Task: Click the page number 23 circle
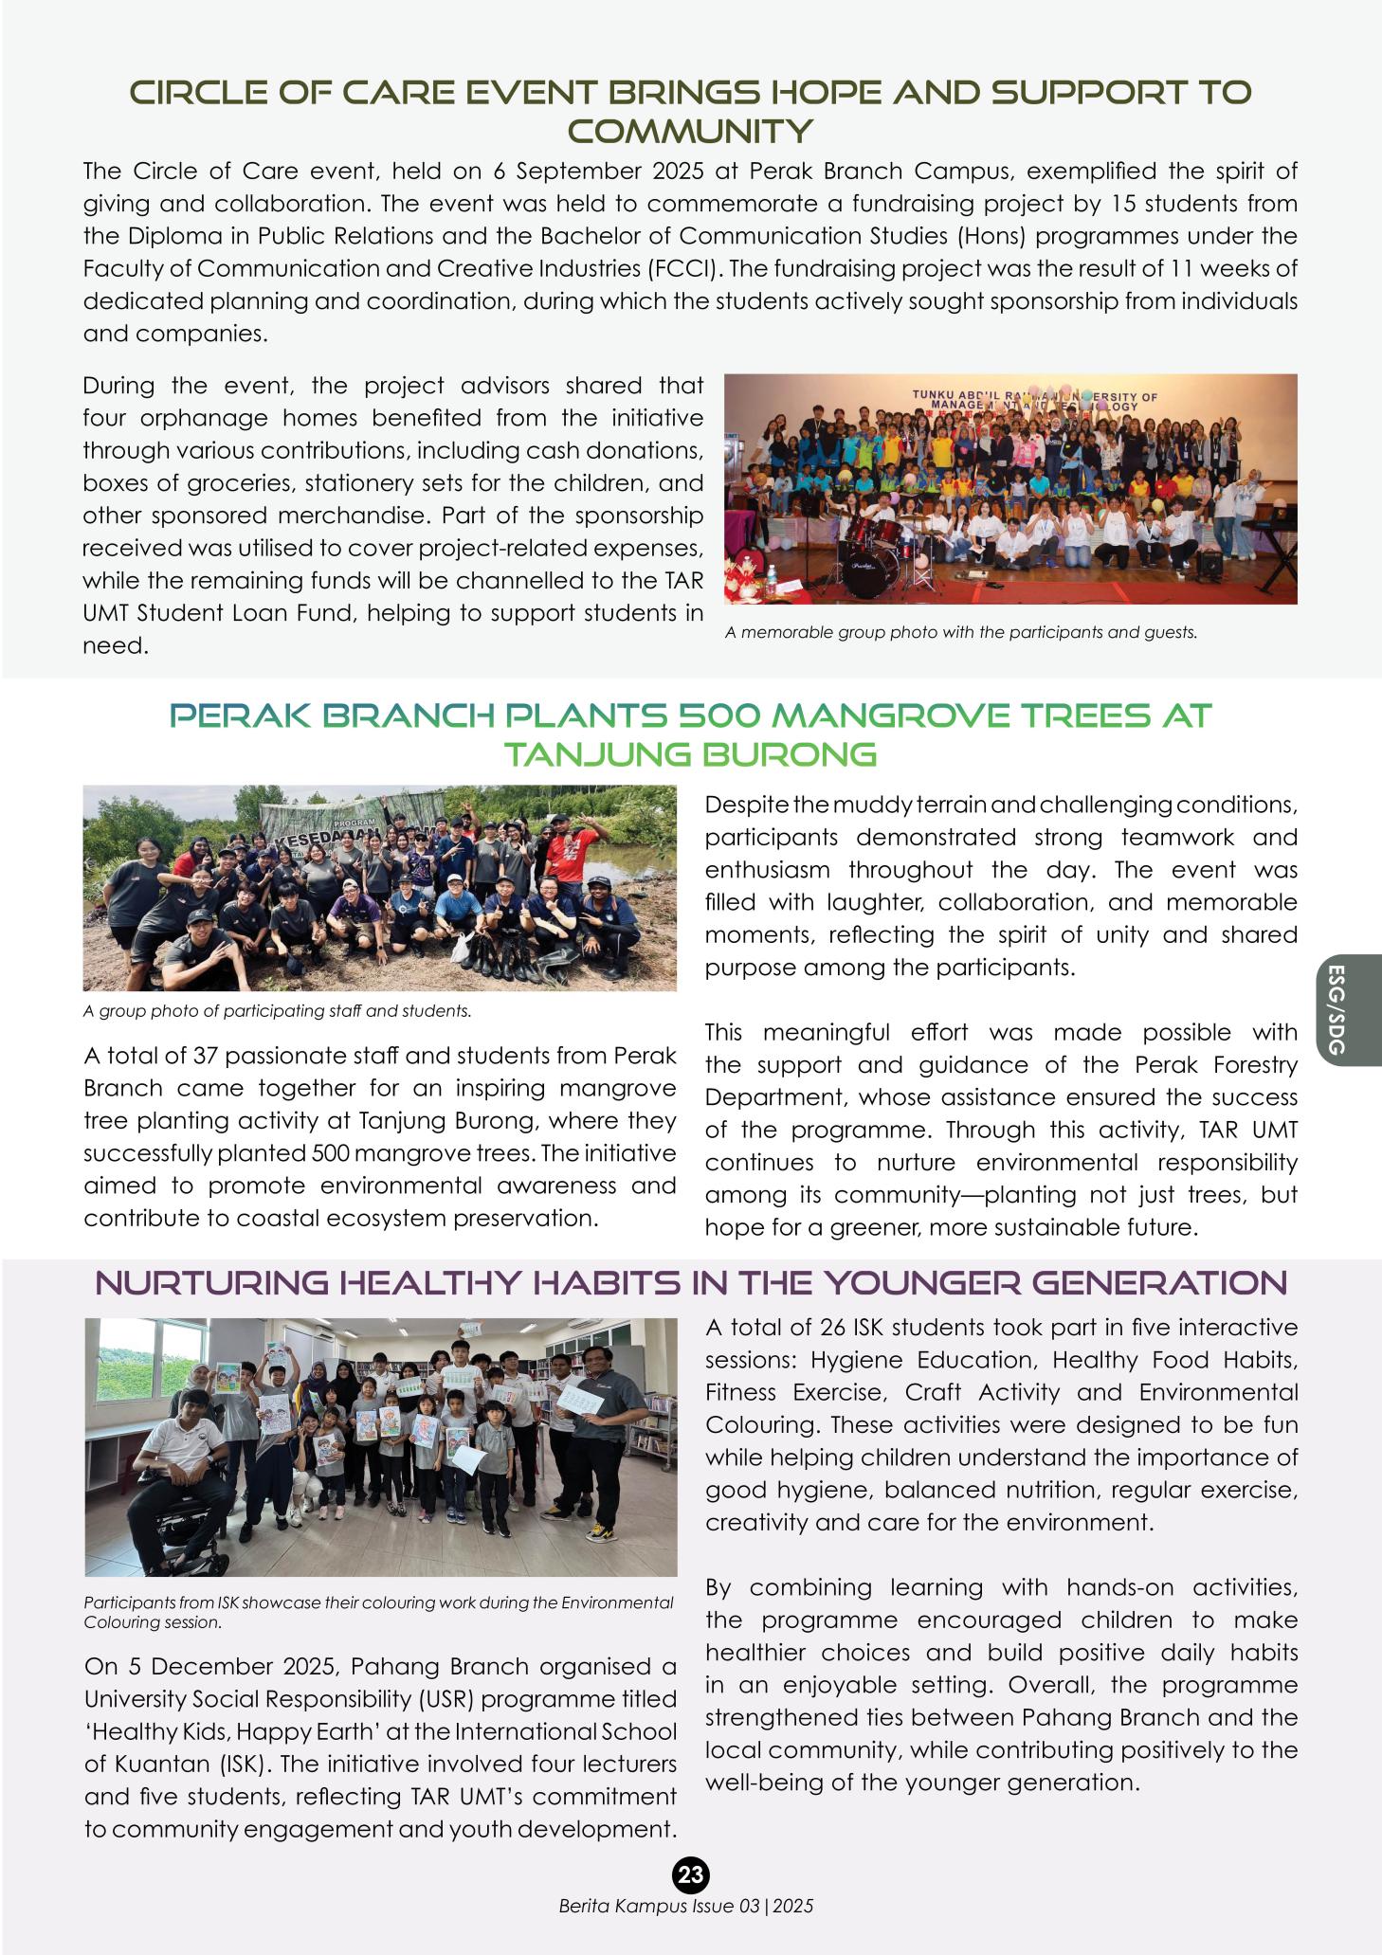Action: click(691, 1874)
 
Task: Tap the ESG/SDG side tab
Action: click(1337, 1009)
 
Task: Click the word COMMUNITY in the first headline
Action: click(690, 131)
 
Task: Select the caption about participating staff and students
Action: click(277, 1011)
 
